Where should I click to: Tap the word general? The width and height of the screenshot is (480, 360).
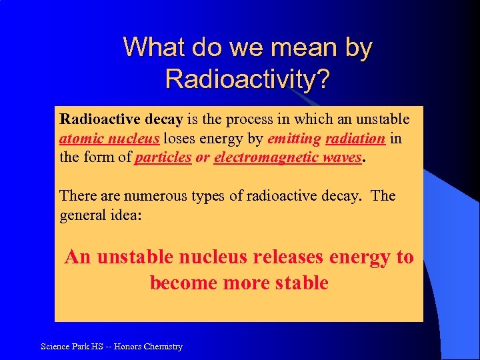coord(83,215)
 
